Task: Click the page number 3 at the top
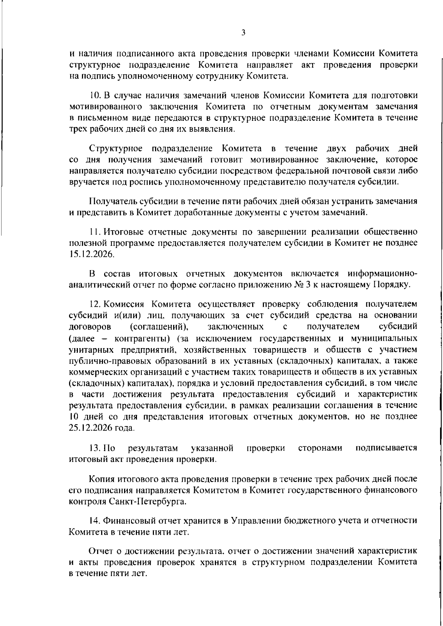pos(243,33)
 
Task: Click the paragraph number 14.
pos(95,521)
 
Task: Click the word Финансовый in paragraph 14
pos(128,521)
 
